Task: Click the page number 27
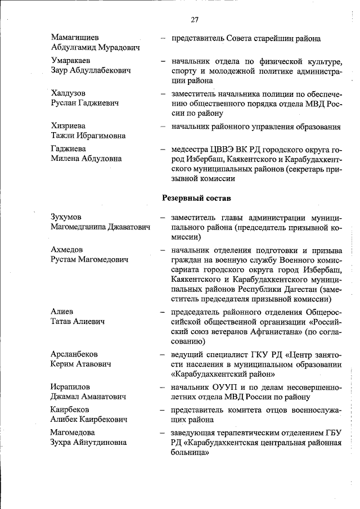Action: [x=195, y=20]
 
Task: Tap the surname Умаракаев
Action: [x=71, y=60]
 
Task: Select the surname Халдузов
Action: [x=68, y=93]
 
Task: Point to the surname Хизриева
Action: [x=68, y=125]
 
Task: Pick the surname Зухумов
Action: [x=66, y=217]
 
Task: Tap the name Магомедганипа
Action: [x=78, y=227]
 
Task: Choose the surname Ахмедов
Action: [x=66, y=249]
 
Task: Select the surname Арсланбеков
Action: [x=74, y=354]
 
